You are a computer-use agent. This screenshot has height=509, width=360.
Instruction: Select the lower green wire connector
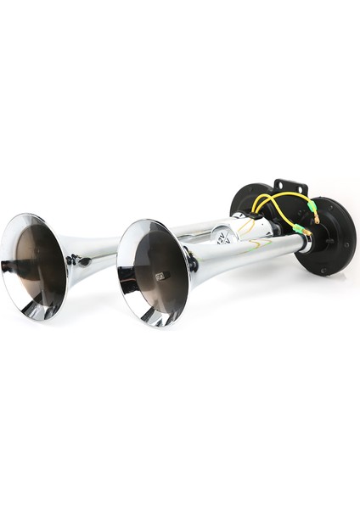[x=298, y=228]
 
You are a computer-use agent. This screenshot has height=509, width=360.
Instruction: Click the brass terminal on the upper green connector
[x=316, y=218]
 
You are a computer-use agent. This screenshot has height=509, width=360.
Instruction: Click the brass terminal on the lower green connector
[x=307, y=233]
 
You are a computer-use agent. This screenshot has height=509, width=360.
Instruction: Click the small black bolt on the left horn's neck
[x=82, y=261]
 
